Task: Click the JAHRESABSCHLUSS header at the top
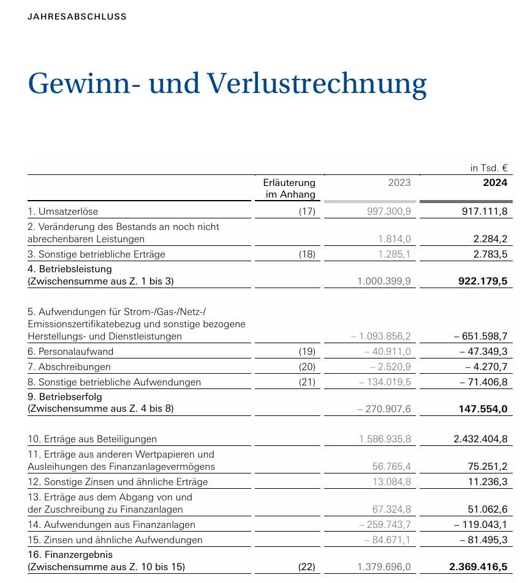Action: click(77, 17)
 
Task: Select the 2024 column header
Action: click(495, 182)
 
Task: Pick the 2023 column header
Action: click(399, 182)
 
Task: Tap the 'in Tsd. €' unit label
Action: click(489, 168)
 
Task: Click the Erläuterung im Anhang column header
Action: click(289, 188)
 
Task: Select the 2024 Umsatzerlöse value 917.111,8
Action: click(484, 212)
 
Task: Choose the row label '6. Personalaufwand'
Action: click(70, 352)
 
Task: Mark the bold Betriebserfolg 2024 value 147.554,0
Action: click(483, 409)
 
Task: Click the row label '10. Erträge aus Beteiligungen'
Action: click(93, 439)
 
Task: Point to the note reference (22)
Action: click(306, 567)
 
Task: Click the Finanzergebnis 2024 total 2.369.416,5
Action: click(478, 567)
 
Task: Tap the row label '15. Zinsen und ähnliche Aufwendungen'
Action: click(115, 540)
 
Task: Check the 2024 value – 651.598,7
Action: click(481, 336)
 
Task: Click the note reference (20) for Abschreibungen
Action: click(306, 367)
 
